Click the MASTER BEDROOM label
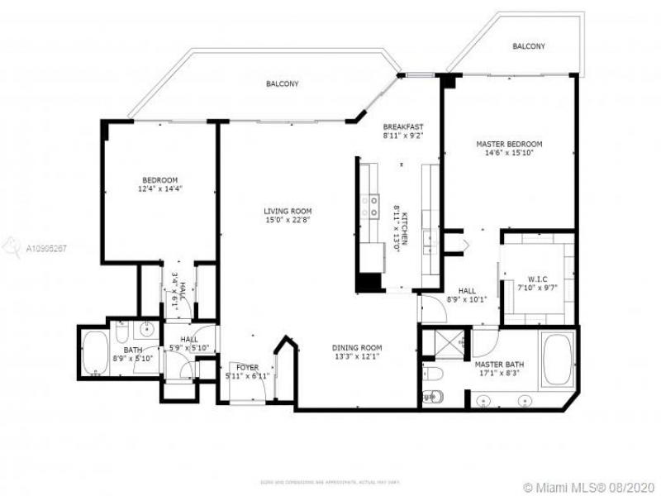(508, 144)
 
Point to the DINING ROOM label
(356, 348)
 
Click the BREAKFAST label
(402, 126)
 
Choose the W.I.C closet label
(538, 279)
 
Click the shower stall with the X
(447, 341)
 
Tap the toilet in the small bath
(121, 333)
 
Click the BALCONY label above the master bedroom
(528, 46)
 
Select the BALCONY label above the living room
(283, 83)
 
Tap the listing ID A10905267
(46, 247)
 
